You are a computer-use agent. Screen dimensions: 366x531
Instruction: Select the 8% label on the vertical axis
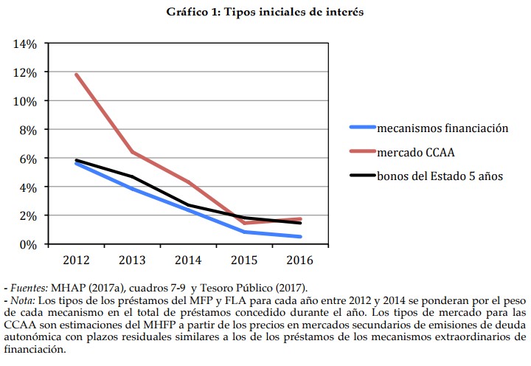27,129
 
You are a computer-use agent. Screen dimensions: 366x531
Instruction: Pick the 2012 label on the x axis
76,260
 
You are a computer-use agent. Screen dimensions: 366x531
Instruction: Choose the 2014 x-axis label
188,260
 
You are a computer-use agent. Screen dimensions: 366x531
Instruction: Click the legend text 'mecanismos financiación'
442,128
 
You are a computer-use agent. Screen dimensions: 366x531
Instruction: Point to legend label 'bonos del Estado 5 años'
440,177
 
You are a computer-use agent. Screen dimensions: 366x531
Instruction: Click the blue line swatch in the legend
361,128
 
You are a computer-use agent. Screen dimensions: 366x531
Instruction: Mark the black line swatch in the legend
361,177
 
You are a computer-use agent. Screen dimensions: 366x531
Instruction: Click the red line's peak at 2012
76,75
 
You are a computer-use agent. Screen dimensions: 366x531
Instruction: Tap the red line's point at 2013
132,152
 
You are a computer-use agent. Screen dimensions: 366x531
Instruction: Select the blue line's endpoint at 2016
300,237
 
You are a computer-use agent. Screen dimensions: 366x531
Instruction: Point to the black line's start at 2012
76,160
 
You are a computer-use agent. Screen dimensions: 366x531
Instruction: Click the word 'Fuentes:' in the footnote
29,287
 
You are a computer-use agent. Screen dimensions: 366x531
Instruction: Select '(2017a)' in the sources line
112,287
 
